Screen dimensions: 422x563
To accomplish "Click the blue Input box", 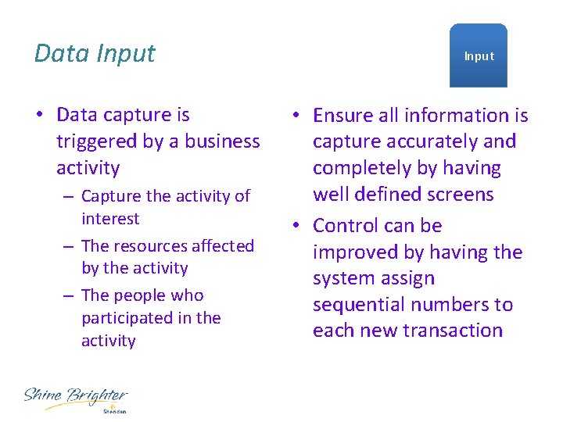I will (479, 55).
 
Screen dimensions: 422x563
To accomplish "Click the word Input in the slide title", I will (126, 54).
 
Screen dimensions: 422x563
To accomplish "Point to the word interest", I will (110, 219).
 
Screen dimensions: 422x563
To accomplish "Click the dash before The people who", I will (69, 295).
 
